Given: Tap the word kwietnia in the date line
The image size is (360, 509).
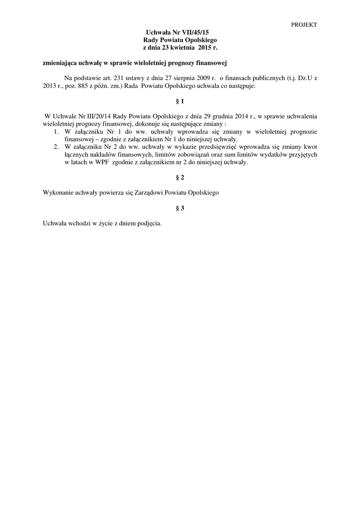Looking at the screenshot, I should coord(183,47).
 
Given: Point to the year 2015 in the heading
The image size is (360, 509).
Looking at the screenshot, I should coord(205,47).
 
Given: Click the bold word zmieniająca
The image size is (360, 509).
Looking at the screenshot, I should coord(62,63).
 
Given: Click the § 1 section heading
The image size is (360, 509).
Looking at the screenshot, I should coord(180,101).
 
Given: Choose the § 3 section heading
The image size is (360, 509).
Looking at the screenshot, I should coord(180,208).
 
